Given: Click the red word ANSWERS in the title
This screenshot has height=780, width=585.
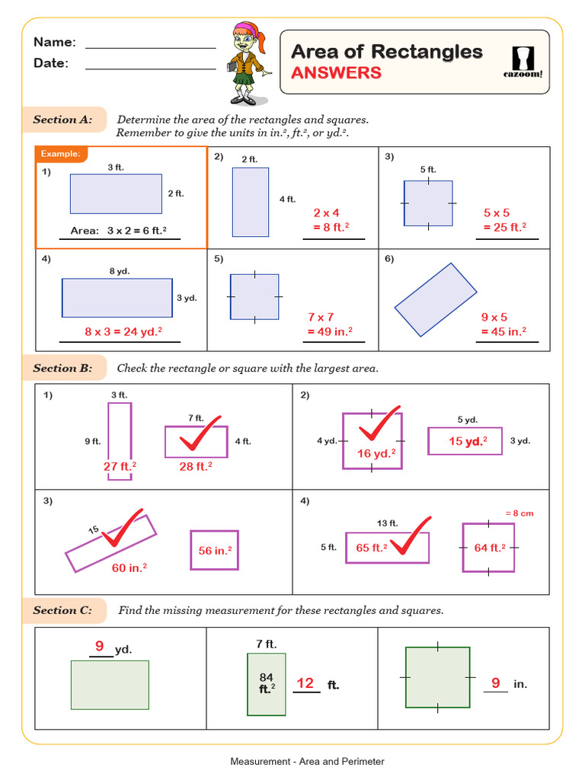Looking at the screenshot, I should point(336,72).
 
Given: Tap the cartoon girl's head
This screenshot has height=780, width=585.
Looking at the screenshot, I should point(248,34).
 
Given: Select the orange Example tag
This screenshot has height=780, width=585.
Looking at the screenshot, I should point(61,154).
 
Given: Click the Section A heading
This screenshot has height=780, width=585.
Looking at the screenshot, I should point(62,120).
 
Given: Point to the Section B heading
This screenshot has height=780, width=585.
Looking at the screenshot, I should point(62,369).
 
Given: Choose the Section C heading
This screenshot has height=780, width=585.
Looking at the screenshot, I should point(62,610).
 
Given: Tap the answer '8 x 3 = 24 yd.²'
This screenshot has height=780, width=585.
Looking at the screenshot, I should point(123,331).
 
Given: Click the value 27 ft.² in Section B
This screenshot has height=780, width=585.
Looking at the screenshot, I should point(120,466).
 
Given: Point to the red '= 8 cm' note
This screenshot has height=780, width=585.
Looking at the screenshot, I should point(519,513).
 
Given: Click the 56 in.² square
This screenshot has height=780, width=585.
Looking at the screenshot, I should point(215,550).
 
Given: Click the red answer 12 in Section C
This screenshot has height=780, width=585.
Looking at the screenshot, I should point(305,683).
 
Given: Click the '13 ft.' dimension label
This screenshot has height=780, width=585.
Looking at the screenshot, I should point(388,523).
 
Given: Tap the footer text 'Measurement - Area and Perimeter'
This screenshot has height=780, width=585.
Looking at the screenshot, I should point(307,761).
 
